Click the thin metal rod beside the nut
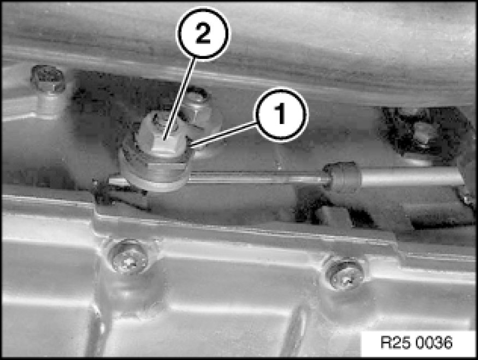click(256, 178)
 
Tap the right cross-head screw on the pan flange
click(345, 273)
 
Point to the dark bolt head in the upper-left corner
click(48, 79)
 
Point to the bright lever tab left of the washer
click(117, 181)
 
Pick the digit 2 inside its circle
click(203, 33)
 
